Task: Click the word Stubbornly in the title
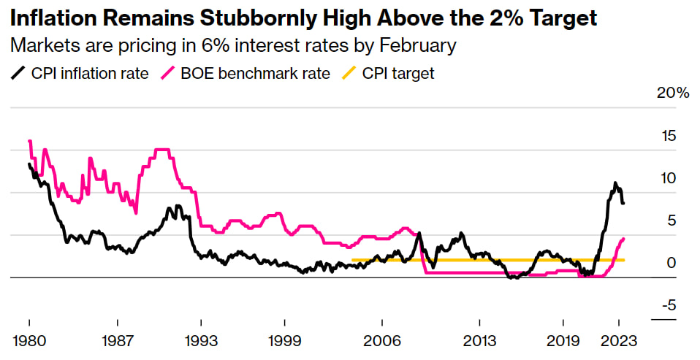[275, 18]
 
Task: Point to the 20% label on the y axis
[672, 93]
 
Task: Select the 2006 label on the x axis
[381, 341]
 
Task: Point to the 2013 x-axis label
[479, 341]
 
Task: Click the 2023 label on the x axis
[619, 341]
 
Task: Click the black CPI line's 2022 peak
[615, 183]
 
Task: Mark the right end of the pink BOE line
[623, 239]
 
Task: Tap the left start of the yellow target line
[353, 260]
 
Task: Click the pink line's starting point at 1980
[29, 141]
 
